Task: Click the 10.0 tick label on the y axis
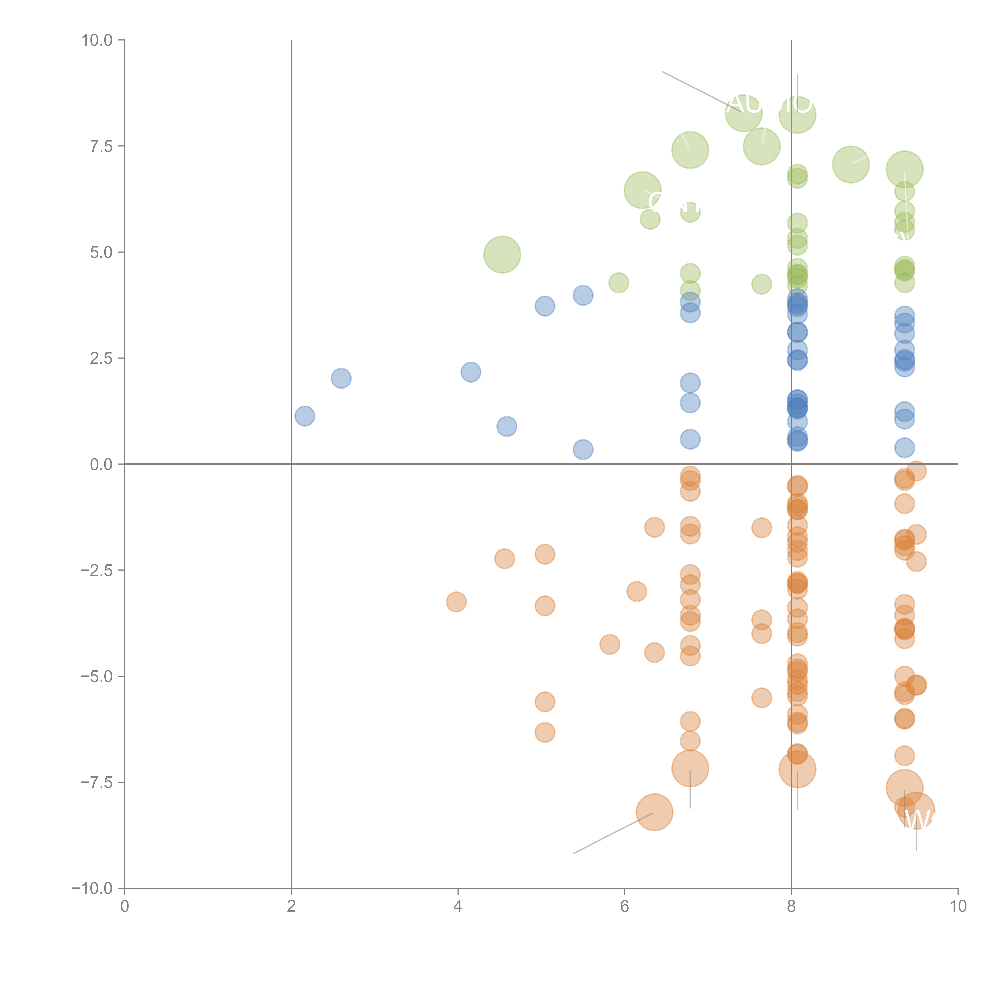tap(97, 40)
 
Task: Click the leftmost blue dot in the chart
tap(305, 416)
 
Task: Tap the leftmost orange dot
tap(456, 602)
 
